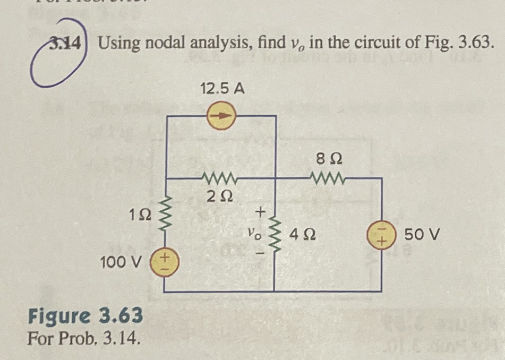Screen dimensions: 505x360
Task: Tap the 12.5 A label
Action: tap(222, 89)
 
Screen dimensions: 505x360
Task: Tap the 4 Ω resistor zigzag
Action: tap(275, 234)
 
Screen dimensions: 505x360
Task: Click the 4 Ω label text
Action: tap(303, 234)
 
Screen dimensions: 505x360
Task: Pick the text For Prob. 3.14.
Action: tap(84, 337)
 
